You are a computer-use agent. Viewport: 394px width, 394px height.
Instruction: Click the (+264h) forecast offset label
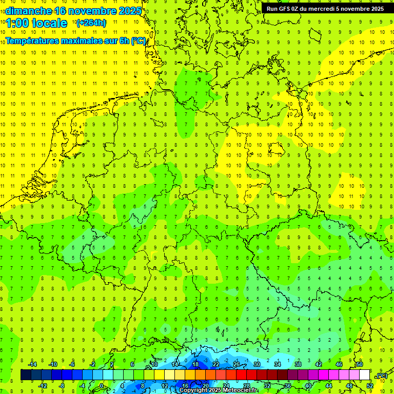(91, 23)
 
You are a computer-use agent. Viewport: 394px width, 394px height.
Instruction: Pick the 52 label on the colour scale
(370, 385)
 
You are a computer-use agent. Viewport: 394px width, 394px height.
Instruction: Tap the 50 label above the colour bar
(360, 364)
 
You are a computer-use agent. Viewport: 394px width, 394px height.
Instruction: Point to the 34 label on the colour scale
(278, 364)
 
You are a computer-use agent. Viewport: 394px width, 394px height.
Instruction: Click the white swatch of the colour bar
(365, 375)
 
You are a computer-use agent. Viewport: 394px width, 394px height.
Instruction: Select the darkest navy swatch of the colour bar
(26, 375)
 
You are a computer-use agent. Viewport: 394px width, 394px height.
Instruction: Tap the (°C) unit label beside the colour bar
(382, 376)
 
